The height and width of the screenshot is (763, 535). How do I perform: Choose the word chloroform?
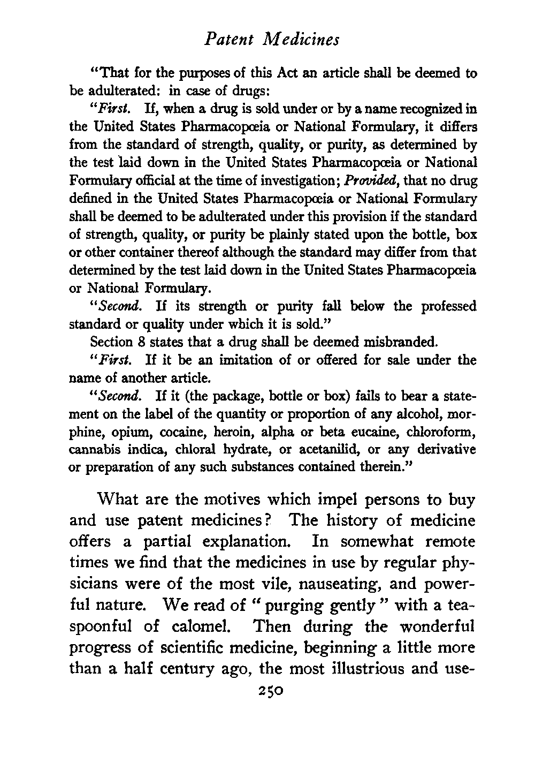(x=448, y=431)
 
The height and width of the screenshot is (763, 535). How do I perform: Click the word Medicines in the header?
(x=306, y=40)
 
